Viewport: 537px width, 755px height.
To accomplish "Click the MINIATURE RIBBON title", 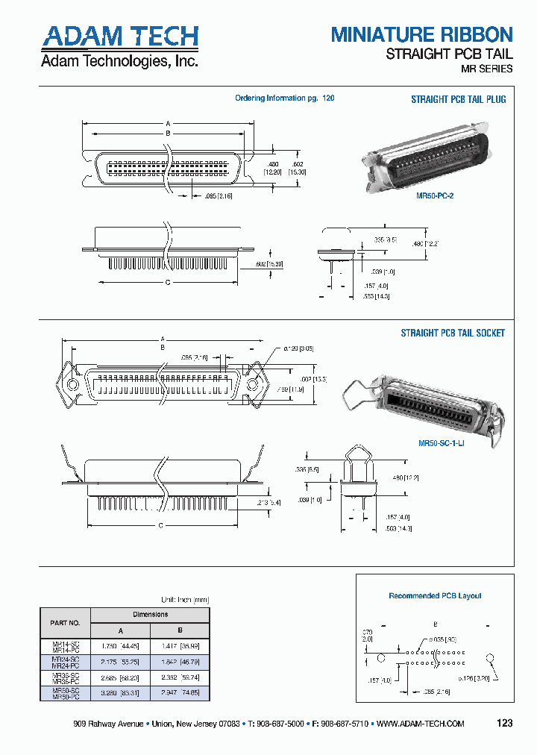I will click(x=421, y=34).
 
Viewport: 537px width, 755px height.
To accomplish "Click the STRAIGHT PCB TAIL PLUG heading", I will click(x=458, y=99).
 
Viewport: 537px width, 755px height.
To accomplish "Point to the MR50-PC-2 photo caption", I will click(x=435, y=195).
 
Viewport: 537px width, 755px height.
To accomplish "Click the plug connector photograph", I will click(x=425, y=160).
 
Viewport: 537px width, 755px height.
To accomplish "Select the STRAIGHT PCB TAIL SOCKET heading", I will click(x=453, y=333).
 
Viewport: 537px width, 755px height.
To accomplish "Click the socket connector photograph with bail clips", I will click(x=421, y=403).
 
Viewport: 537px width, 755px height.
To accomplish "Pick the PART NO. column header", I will click(x=65, y=622).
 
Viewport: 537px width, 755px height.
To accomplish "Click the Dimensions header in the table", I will click(x=151, y=615).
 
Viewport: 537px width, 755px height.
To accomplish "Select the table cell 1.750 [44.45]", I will click(x=121, y=645).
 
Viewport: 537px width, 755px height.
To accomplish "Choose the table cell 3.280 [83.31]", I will click(x=121, y=693).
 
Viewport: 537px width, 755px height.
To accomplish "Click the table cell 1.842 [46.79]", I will click(x=180, y=661).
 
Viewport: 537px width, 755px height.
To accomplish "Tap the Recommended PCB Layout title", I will click(x=435, y=595).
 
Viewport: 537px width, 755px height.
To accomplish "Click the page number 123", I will click(x=504, y=723).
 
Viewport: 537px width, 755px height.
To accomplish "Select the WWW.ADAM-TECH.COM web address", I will click(x=421, y=724).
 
